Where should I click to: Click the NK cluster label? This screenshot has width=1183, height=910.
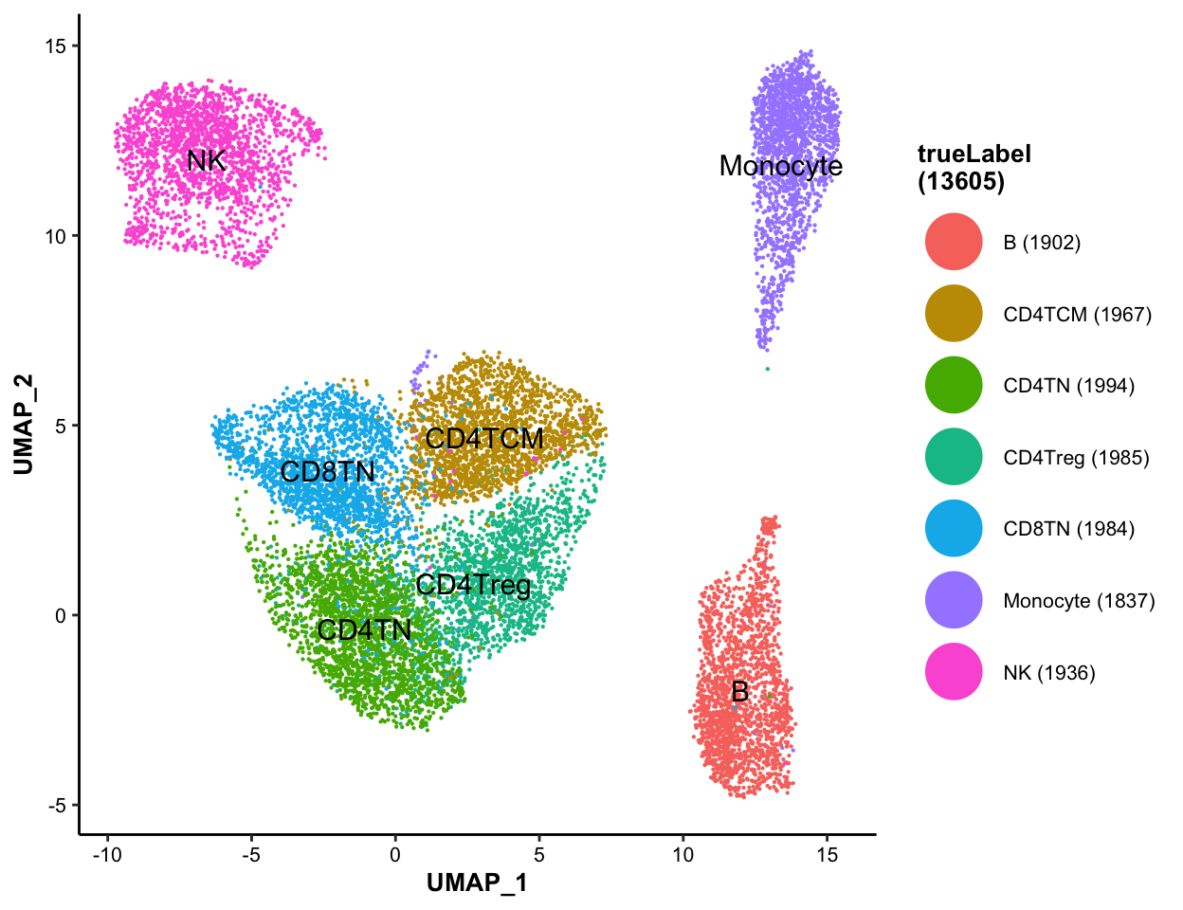coord(206,161)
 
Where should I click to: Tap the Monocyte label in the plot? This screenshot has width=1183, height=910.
coord(780,166)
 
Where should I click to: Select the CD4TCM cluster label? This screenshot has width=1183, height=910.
coord(484,439)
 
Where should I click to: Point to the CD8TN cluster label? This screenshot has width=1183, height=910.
coord(327,472)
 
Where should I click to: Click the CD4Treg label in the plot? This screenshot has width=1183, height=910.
coord(473,585)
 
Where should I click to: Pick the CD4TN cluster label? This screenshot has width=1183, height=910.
coord(364,630)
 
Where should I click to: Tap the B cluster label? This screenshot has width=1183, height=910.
coord(739,692)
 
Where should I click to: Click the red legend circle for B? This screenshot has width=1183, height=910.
coord(953,243)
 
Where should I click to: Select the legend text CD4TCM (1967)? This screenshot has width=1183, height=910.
coord(1077,315)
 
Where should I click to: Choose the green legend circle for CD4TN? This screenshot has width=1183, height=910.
coord(953,386)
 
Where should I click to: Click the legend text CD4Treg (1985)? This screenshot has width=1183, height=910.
coord(1076,458)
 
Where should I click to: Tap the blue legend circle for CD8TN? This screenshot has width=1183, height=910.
coord(953,529)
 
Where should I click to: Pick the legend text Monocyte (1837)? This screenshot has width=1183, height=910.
coord(1079,601)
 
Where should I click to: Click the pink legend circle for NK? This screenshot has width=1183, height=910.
coord(953,672)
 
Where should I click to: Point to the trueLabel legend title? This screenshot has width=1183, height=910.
coord(974,168)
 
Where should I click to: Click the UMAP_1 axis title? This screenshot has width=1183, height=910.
coord(477,883)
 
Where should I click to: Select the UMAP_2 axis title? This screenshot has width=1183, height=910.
coord(24,425)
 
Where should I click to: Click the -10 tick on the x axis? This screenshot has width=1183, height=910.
coord(107,855)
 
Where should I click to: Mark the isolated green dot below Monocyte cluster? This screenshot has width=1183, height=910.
coord(767,369)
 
